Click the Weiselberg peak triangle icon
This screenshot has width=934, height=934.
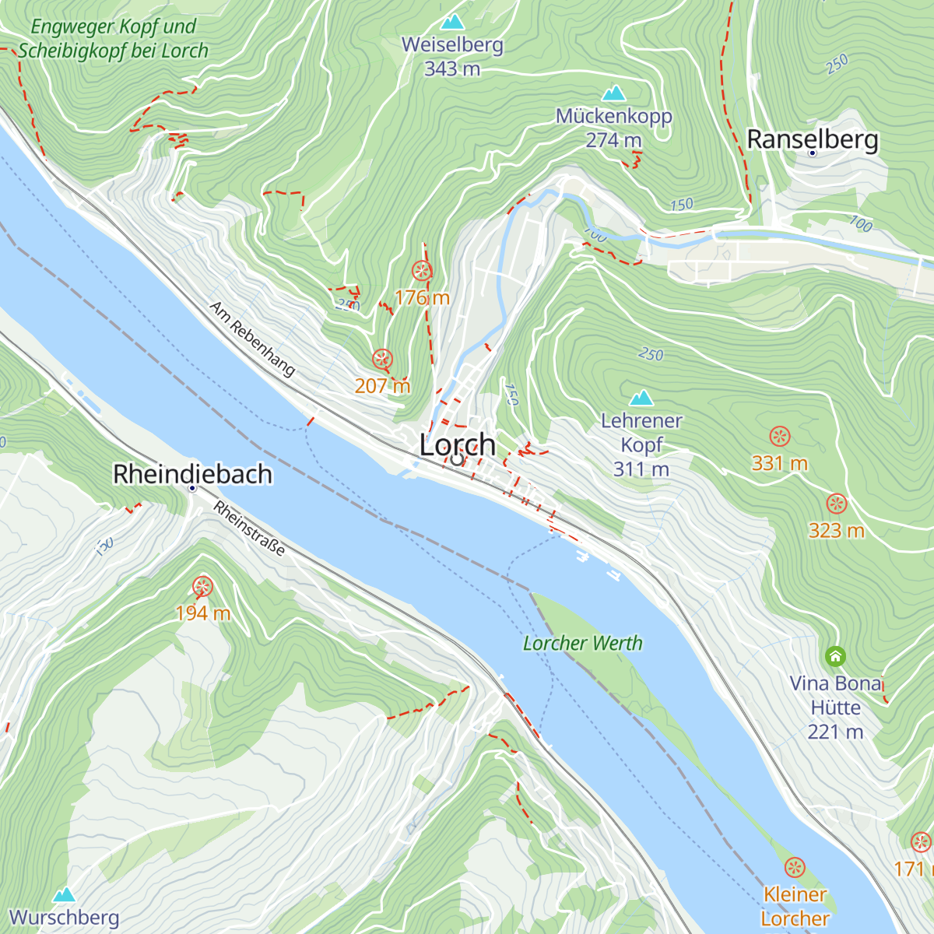pyautogui.click(x=452, y=21)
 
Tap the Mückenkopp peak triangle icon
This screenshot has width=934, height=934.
pyautogui.click(x=614, y=93)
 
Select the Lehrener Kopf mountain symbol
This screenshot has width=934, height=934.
pyautogui.click(x=641, y=398)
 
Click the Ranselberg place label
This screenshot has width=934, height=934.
pyautogui.click(x=813, y=139)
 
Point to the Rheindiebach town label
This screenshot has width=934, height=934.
pyautogui.click(x=192, y=473)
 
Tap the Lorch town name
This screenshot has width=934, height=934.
pyautogui.click(x=458, y=444)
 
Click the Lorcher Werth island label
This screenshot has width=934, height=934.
pyautogui.click(x=583, y=643)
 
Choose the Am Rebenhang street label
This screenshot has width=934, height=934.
pyautogui.click(x=252, y=339)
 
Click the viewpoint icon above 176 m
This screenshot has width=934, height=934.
pyautogui.click(x=422, y=271)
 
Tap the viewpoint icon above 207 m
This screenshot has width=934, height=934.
pyautogui.click(x=382, y=359)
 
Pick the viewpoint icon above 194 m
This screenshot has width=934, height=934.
pyautogui.click(x=202, y=586)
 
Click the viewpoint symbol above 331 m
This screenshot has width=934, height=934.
pyautogui.click(x=779, y=436)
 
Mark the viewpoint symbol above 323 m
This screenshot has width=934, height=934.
pyautogui.click(x=836, y=503)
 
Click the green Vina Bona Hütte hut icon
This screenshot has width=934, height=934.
pyautogui.click(x=835, y=656)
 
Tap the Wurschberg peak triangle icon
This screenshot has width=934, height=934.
pyautogui.click(x=65, y=894)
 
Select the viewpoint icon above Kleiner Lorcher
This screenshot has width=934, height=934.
pyautogui.click(x=795, y=867)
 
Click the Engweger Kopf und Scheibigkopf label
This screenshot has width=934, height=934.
pyautogui.click(x=113, y=39)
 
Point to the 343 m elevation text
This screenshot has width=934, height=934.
pyautogui.click(x=452, y=68)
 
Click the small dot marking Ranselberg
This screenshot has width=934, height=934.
pyautogui.click(x=813, y=153)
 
